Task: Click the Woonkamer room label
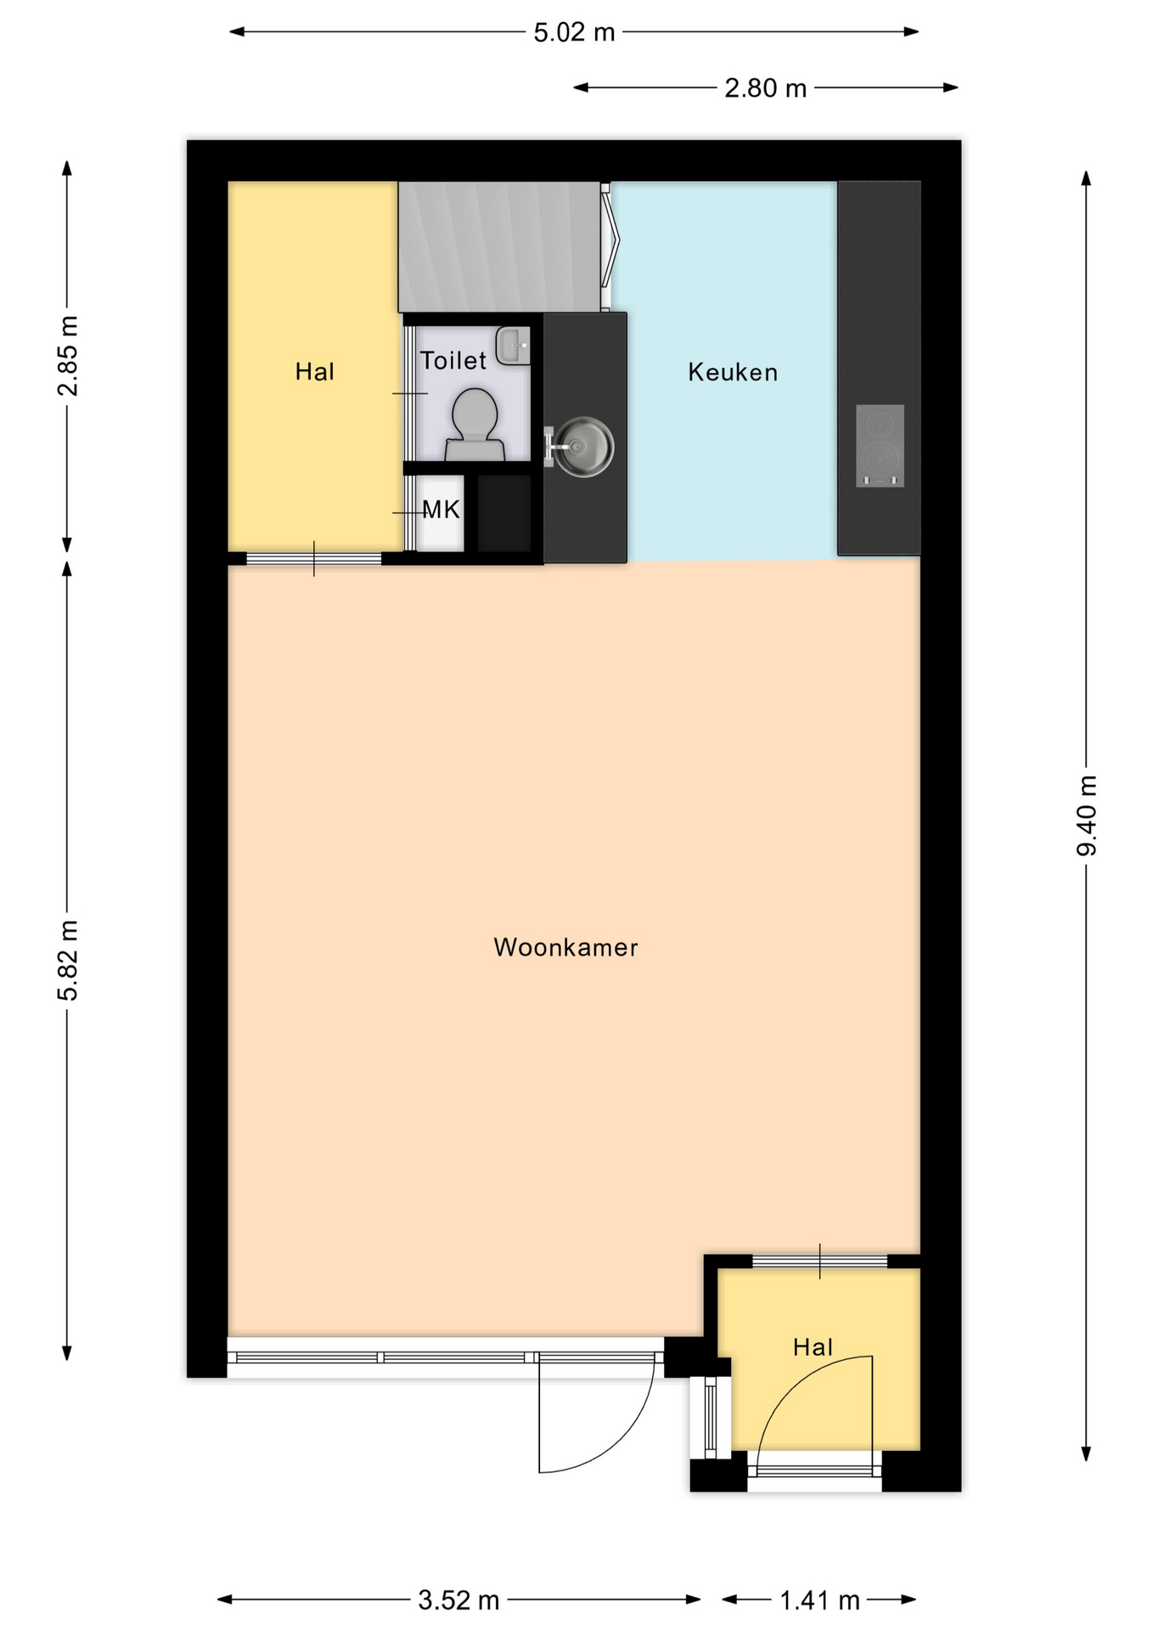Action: point(565,947)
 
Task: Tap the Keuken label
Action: point(733,372)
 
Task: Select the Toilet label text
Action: point(453,360)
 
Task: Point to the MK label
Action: point(441,510)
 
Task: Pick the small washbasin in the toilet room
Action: point(514,346)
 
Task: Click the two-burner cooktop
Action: point(880,446)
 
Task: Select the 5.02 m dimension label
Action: point(574,32)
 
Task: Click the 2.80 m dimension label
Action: point(765,87)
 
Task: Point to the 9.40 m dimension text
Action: point(1087,815)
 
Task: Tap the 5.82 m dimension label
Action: point(68,960)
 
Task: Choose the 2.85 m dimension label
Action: point(68,356)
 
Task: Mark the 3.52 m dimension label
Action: point(458,1600)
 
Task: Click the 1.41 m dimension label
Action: point(819,1600)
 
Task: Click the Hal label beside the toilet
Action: point(314,371)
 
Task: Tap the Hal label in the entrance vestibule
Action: point(813,1346)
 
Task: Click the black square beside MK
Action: point(504,513)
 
